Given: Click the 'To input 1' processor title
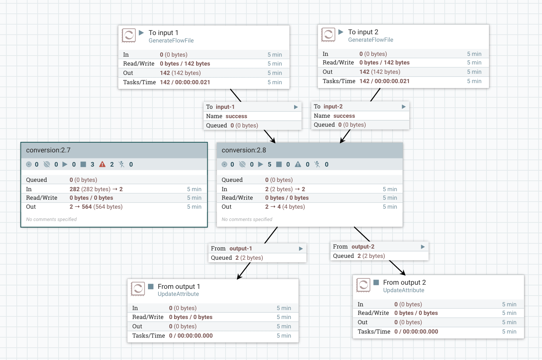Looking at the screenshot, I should pos(163,33).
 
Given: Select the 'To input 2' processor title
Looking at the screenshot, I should pos(363,32).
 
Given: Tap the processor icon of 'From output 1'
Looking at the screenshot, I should pos(138,289).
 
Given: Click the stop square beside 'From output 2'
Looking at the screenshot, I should pos(376,282).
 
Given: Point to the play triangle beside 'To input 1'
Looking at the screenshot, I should pos(141,33).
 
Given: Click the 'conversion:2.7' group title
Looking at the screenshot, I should pos(48,150).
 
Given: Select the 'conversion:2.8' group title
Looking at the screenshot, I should pos(244,150).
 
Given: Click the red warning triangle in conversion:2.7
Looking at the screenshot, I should pos(103,164).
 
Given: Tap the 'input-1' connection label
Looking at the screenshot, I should pos(225,107).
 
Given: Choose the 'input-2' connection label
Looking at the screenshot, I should pos(333,107).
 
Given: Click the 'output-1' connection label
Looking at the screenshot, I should pos(240,249).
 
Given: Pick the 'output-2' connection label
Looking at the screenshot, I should pos(363,247).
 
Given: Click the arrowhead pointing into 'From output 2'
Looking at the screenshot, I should pos(403,273).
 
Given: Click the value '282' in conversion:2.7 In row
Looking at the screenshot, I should pos(75,189).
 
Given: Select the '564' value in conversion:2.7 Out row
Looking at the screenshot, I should pos(86,207).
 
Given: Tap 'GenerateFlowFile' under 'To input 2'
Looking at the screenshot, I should pos(371,40).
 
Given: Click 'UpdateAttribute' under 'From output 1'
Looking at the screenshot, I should pos(178,294).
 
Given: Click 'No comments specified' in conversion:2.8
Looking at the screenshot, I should pos(247,220).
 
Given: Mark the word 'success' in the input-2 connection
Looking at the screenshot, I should pos(344,116).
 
